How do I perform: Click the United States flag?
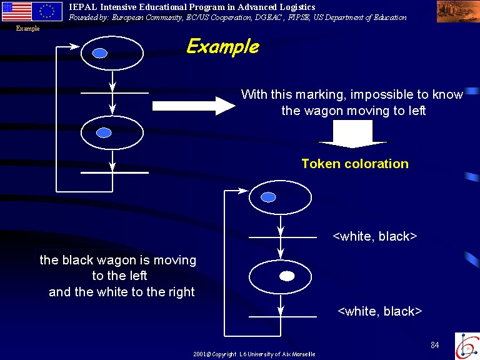tap(16, 11)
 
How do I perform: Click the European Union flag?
tap(47, 11)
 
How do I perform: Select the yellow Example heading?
tap(223, 47)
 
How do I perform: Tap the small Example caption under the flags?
tap(28, 29)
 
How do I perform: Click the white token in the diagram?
tap(287, 276)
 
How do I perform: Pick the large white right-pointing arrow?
tap(194, 106)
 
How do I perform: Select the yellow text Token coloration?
tap(355, 164)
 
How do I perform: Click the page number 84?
tap(435, 345)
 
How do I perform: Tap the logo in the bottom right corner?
tap(467, 346)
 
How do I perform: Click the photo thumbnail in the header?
tap(458, 12)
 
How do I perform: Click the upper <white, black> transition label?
tap(375, 236)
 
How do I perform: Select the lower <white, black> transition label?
tap(379, 311)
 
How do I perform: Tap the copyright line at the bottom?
tap(254, 354)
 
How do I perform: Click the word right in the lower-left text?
tap(181, 292)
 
